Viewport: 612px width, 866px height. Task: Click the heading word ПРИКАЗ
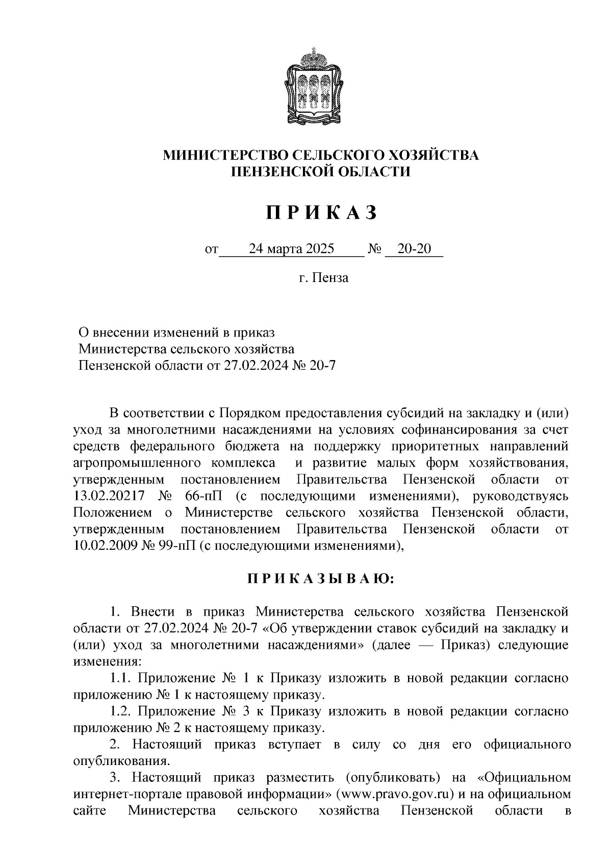click(x=321, y=213)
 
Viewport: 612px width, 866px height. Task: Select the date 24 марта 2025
click(x=291, y=249)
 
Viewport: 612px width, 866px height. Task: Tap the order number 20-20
click(x=414, y=249)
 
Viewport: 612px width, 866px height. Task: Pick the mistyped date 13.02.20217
click(x=109, y=496)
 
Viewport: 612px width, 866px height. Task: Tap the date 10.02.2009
click(x=100, y=545)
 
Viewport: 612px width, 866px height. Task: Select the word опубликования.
click(x=121, y=761)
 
